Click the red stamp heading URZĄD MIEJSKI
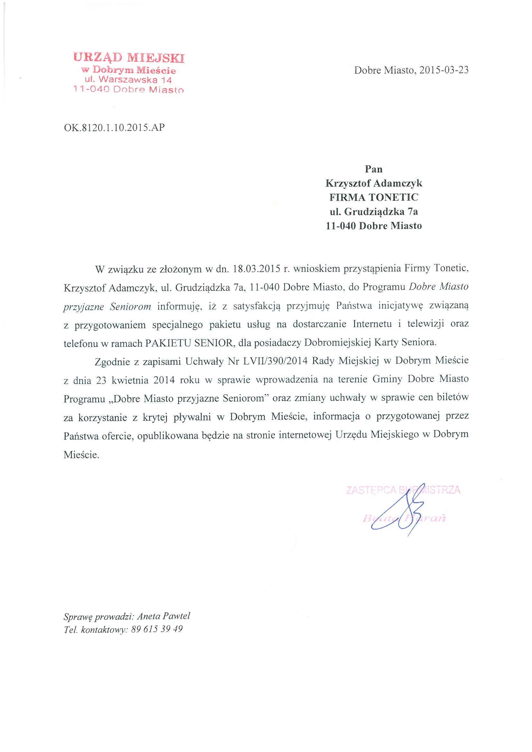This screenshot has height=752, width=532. click(x=129, y=58)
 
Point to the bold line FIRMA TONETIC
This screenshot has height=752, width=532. click(x=374, y=197)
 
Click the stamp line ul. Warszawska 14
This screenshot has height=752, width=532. click(x=128, y=79)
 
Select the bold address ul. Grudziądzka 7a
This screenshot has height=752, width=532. click(x=374, y=212)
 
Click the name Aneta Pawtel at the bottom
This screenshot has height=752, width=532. click(x=163, y=616)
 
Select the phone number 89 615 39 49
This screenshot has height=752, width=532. click(x=157, y=629)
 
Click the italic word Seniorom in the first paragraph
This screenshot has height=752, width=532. click(x=130, y=307)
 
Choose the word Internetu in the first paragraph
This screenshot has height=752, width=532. click(x=372, y=324)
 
